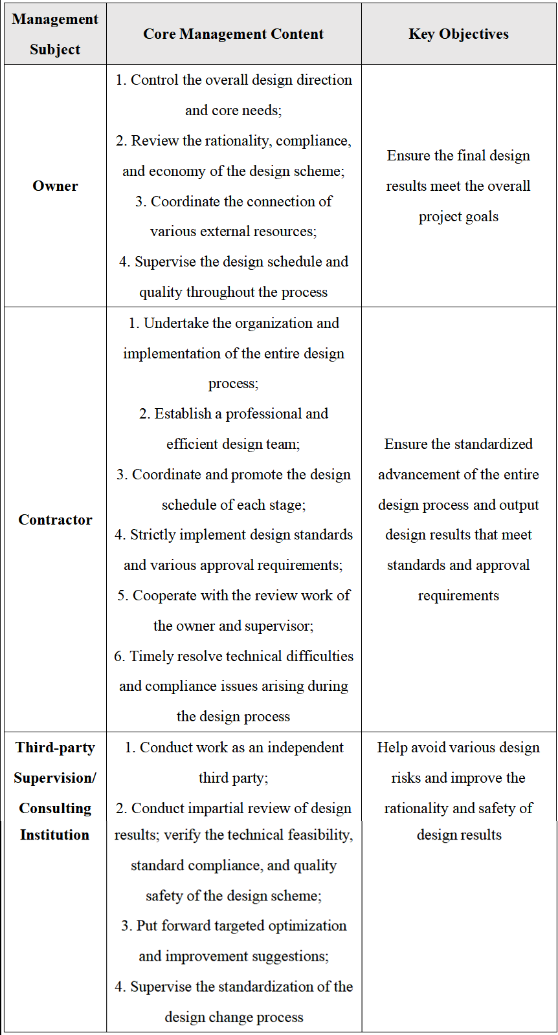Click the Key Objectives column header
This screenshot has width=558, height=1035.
pos(458,34)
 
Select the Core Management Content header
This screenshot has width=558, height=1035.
pos(233,34)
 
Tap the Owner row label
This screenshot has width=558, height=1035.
pos(55,186)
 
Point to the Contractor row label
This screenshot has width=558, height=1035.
pos(55,520)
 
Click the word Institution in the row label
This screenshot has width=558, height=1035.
pos(54,835)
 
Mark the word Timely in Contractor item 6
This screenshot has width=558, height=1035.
pos(148,657)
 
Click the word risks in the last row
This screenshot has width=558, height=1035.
pos(406,778)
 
